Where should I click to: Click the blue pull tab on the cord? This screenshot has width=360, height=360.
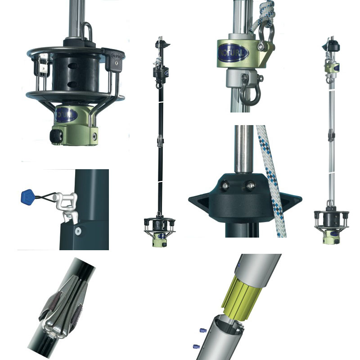[28, 197]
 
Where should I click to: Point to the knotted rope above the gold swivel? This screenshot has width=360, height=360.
[267, 13]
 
